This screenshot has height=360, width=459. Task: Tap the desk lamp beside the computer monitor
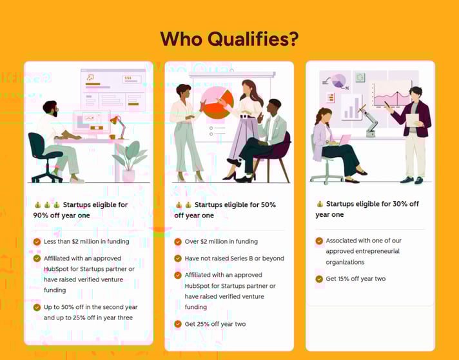pyautogui.click(x=117, y=122)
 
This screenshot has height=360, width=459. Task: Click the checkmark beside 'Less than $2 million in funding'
pyautogui.click(x=37, y=242)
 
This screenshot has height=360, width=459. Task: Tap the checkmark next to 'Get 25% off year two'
pyautogui.click(x=178, y=324)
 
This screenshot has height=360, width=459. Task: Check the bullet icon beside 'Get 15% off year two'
pyautogui.click(x=319, y=279)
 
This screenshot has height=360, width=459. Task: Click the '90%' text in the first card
pyautogui.click(x=42, y=215)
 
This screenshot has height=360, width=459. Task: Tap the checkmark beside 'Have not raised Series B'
pyautogui.click(x=178, y=258)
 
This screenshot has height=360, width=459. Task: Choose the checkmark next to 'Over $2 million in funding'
pyautogui.click(x=178, y=242)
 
